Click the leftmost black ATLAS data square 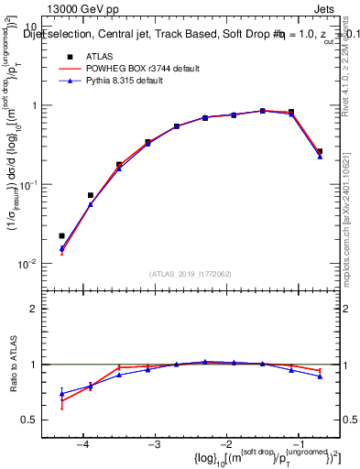click(x=62, y=235)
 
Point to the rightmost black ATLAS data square click(x=320, y=151)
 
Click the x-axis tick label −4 click(x=82, y=444)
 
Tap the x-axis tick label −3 click(x=154, y=444)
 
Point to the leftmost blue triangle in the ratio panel click(x=62, y=394)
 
